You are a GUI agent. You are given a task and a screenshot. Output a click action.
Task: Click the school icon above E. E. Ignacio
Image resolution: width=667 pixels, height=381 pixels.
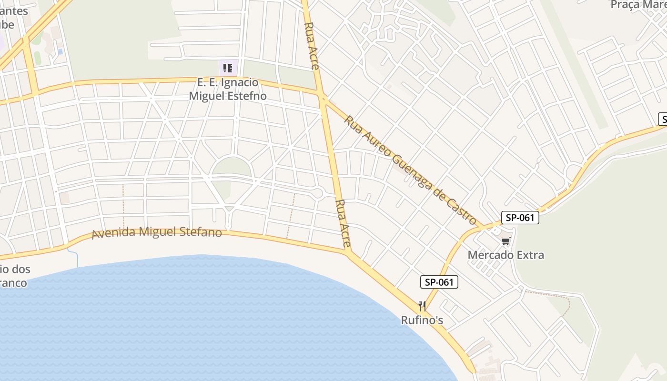pos(228,68)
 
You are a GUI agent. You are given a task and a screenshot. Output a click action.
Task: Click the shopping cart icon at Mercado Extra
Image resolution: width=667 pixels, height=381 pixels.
pos(505,241)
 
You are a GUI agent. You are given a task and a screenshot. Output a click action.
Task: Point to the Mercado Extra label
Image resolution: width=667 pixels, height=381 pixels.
pos(505,255)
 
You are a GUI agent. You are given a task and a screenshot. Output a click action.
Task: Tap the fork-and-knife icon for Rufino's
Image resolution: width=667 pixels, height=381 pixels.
pos(422,306)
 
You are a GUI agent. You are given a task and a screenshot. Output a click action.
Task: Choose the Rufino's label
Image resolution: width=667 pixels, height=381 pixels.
pos(422,320)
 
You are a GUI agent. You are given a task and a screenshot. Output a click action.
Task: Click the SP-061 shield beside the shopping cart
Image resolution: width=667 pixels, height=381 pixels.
pos(520,218)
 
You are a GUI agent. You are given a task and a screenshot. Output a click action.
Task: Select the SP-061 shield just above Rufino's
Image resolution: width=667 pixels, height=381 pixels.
pos(439,282)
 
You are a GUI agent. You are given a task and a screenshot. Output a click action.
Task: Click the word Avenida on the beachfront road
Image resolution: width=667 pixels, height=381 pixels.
pos(111,234)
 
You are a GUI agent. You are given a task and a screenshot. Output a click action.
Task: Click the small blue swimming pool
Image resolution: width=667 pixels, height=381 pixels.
pos(60,51)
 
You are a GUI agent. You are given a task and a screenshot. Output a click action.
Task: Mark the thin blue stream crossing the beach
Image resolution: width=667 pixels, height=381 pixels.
pos(77,257)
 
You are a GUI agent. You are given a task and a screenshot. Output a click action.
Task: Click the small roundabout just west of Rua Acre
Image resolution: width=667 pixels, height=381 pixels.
pos(318,192)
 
